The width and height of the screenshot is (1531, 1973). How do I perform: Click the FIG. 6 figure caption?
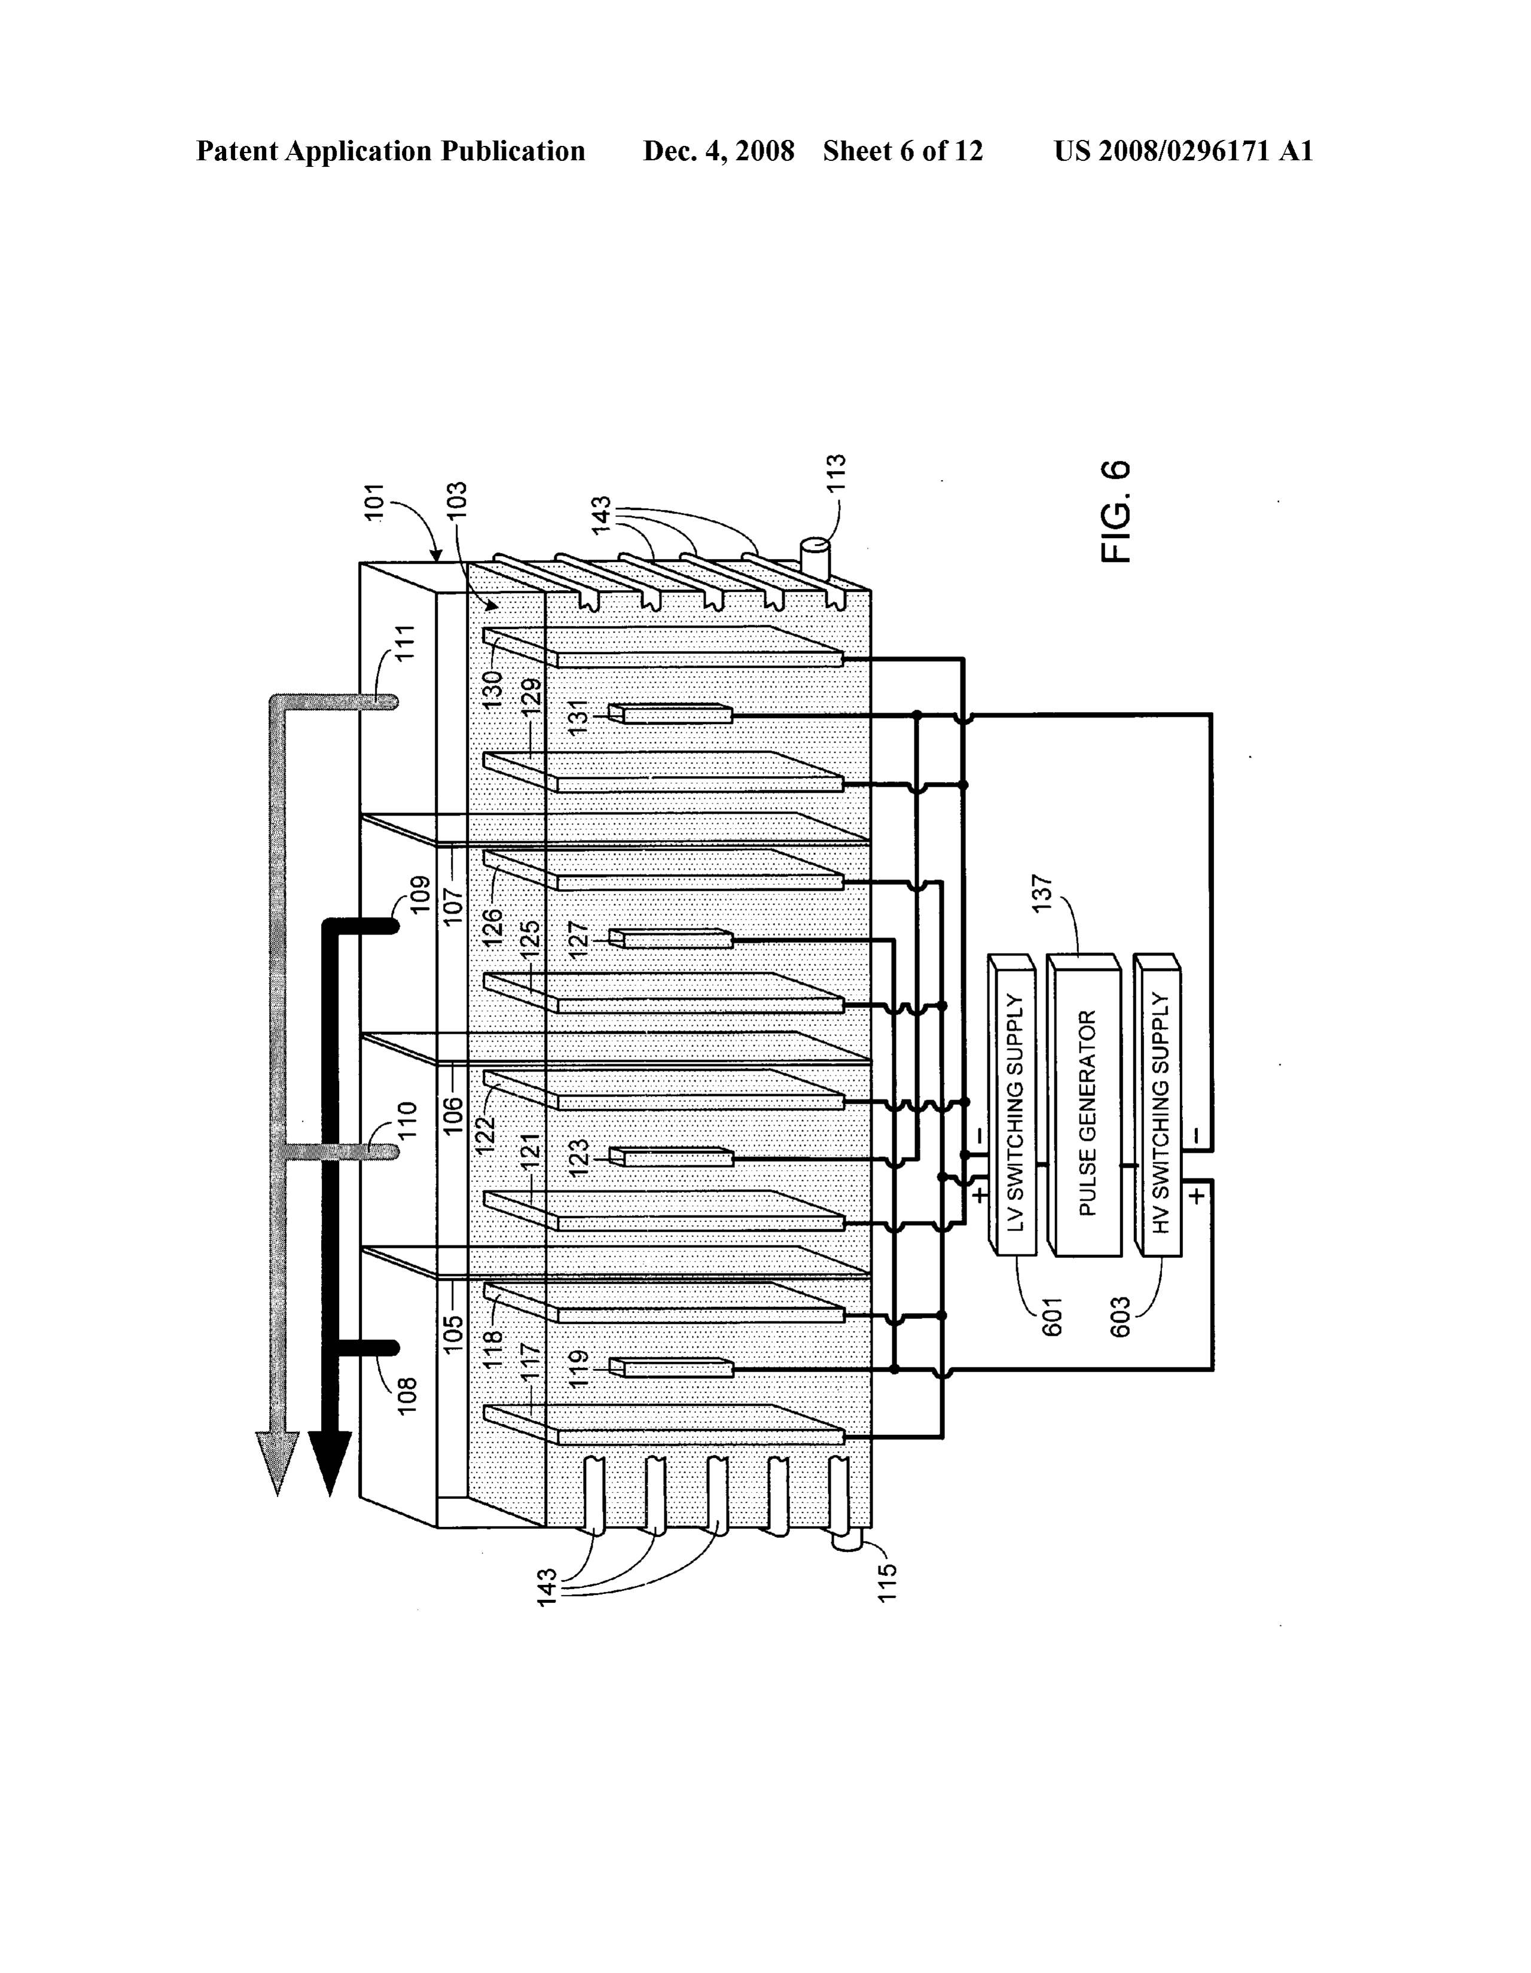(x=1115, y=511)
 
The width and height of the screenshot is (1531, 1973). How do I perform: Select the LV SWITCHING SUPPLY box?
(x=1012, y=1104)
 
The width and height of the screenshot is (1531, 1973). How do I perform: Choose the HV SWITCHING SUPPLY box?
(x=1157, y=1104)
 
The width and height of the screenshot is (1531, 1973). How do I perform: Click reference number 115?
(x=887, y=1582)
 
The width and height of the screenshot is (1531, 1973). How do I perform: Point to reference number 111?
(x=406, y=642)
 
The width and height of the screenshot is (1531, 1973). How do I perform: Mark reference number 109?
(x=419, y=893)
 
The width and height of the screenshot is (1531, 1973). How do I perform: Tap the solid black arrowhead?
(x=331, y=1464)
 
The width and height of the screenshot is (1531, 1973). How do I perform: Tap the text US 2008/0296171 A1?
(x=1183, y=151)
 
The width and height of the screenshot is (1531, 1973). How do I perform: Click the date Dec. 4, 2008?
(x=718, y=151)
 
